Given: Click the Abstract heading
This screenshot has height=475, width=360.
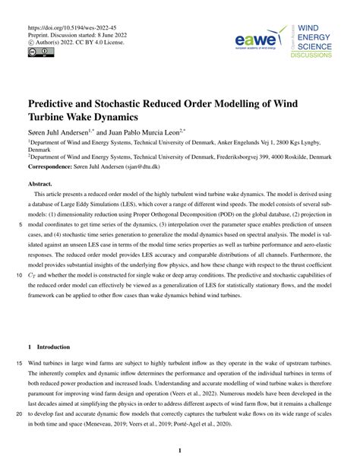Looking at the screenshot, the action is [44, 185].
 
